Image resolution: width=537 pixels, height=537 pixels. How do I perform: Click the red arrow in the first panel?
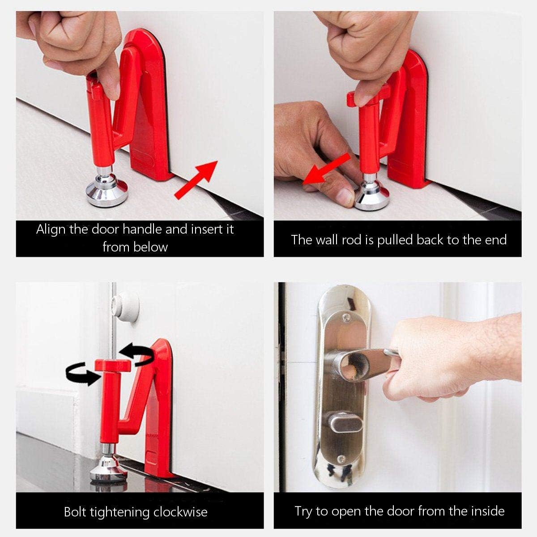pos(196,180)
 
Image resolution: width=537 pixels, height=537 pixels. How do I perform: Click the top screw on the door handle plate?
pos(346,316)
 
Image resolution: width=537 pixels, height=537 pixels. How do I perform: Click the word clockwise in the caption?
pos(180,512)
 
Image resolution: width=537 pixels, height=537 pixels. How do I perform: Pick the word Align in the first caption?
pos(51,230)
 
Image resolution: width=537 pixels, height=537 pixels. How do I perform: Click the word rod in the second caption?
pos(352,240)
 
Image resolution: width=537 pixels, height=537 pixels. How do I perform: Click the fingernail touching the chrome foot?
pos(345,197)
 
